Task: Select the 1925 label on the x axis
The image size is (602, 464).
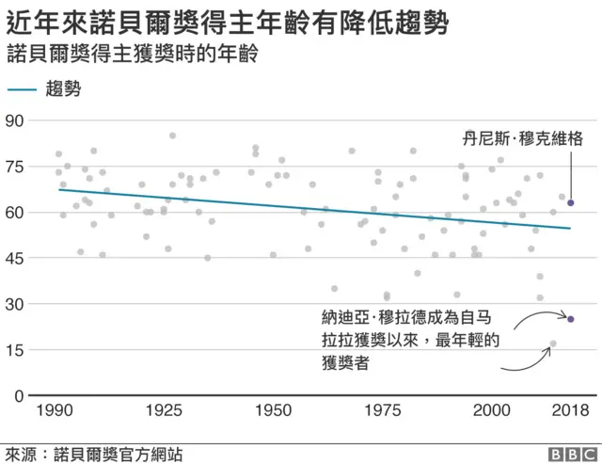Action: click(x=166, y=411)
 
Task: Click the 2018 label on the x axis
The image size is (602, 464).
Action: click(x=570, y=411)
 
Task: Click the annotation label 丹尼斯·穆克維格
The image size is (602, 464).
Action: click(x=523, y=138)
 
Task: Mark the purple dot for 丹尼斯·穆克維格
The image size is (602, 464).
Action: click(x=570, y=203)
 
